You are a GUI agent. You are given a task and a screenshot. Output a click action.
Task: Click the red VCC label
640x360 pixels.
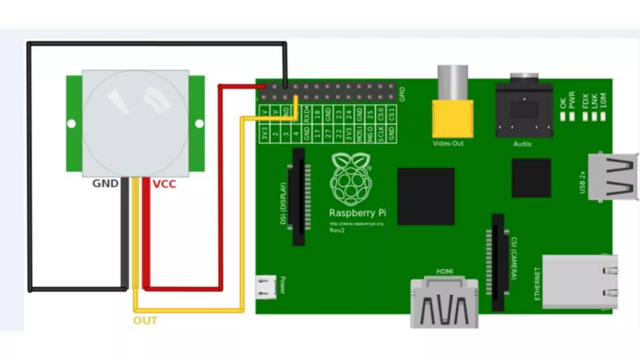pos(164,184)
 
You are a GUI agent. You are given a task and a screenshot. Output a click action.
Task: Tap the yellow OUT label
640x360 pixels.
pos(145,321)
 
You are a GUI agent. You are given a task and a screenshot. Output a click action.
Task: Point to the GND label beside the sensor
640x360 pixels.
pos(105,183)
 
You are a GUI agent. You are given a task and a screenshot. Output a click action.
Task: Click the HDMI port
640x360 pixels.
pos(444,303)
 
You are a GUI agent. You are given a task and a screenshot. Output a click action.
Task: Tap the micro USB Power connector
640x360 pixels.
pos(266,287)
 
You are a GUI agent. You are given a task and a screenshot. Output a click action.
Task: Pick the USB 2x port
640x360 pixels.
pos(613,177)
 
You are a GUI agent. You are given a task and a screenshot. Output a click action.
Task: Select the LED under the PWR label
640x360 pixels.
pos(572,116)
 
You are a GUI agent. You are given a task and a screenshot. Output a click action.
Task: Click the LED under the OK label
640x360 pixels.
pos(563,116)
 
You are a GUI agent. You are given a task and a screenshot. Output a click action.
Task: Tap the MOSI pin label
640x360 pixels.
pos(359,134)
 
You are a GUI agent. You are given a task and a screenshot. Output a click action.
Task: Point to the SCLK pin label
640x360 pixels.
pos(381,134)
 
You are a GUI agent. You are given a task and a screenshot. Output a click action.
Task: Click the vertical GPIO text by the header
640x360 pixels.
pos(402,94)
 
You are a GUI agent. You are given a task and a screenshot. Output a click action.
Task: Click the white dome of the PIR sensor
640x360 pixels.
pos(135,123)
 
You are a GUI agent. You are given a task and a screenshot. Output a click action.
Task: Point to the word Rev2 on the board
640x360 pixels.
pos(337,230)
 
